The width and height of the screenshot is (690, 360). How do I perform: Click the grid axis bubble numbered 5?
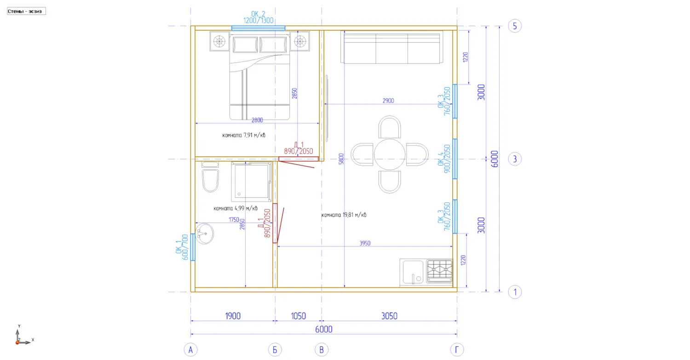click(515, 26)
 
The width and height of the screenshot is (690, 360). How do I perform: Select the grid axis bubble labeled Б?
click(275, 350)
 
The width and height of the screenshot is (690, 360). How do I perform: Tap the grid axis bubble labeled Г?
click(456, 350)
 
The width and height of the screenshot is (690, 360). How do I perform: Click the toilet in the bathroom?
click(210, 177)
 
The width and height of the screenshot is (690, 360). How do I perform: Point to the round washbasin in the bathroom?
click(204, 234)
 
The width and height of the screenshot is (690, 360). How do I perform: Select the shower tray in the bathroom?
click(251, 182)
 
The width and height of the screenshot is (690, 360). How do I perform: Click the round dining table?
click(389, 154)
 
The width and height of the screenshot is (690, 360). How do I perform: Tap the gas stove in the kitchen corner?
click(440, 271)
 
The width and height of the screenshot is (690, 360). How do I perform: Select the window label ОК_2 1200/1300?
click(258, 17)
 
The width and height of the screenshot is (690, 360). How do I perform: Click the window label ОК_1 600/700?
click(182, 247)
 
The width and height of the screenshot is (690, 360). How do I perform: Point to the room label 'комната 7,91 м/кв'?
click(244, 135)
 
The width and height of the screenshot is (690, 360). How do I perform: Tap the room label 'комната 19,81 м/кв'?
click(344, 215)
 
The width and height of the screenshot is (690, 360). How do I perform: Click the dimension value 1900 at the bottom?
click(233, 316)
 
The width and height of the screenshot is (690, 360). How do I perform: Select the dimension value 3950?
click(365, 243)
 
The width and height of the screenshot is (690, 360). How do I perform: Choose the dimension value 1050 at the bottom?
click(298, 316)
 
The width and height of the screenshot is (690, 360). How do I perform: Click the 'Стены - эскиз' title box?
click(27, 11)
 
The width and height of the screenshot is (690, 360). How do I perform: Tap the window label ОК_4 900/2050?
click(444, 159)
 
